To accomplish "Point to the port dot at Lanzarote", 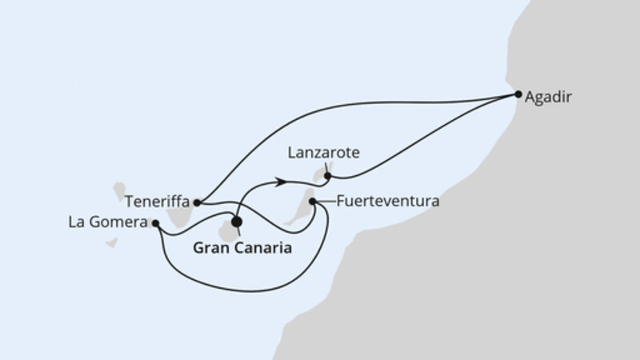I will [327, 175].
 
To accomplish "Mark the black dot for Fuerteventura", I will [312, 202].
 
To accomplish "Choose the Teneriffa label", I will [154, 202].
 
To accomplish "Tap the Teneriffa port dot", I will [197, 202].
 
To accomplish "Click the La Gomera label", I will [107, 224].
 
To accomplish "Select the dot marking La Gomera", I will [155, 223].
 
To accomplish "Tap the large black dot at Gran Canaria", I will [236, 222].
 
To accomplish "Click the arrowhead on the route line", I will [281, 182].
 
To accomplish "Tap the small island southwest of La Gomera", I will [112, 242].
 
